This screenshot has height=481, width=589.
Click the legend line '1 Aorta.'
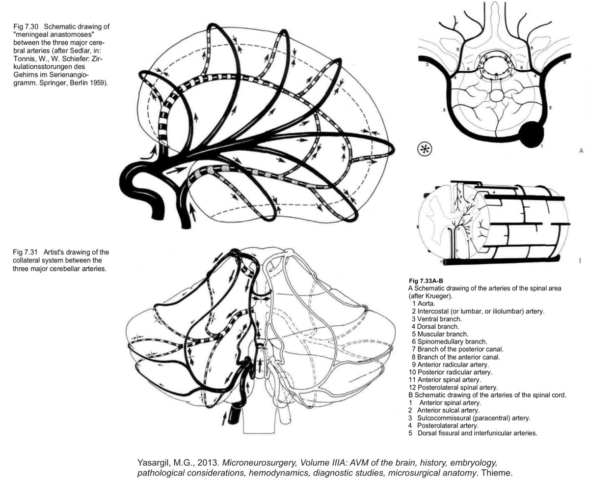[x=428, y=304]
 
